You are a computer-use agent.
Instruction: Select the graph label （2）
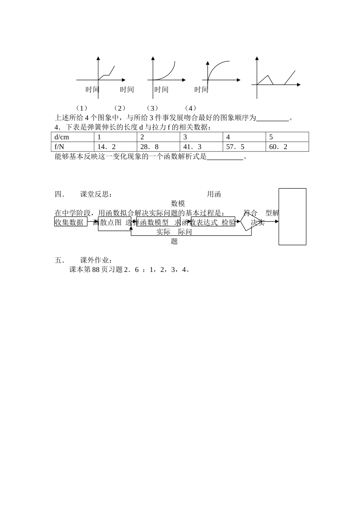point(119,108)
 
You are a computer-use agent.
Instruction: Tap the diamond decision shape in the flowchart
point(252,222)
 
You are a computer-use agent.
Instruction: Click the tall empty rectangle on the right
point(292,216)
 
